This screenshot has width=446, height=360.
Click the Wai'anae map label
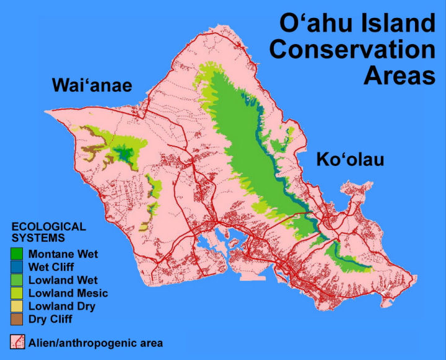[92, 85]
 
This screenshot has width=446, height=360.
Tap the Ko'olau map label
[350, 159]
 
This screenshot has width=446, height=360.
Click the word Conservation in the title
[352, 49]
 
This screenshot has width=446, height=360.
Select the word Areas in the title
[400, 76]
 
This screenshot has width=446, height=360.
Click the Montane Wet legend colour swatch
[17, 254]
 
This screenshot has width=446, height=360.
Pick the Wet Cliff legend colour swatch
[17, 267]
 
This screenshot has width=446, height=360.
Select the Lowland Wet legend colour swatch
[17, 280]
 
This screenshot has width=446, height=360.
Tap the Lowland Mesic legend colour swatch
[17, 293]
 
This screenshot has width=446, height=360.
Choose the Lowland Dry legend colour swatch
[17, 306]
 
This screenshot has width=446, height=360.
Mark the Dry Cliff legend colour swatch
[17, 319]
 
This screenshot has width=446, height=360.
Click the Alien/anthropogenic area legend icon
[17, 342]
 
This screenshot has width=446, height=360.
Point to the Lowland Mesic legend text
[68, 293]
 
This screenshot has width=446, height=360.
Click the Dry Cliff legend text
[50, 319]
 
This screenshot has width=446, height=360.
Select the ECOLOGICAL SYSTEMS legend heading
[49, 232]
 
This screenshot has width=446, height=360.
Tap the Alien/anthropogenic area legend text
[95, 343]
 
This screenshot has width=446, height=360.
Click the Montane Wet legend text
[63, 254]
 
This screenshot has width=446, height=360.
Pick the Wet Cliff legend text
[51, 267]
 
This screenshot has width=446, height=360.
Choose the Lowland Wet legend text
[63, 280]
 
